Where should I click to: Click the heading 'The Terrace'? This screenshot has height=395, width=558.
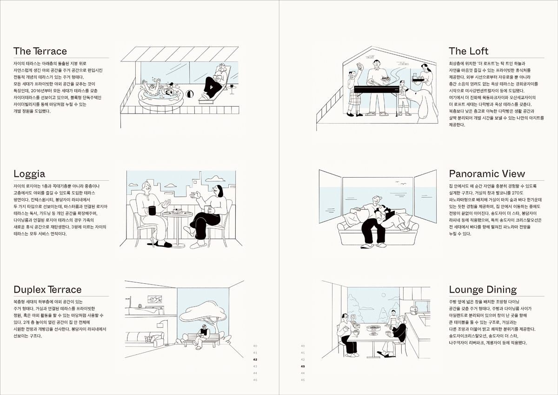coord(40,51)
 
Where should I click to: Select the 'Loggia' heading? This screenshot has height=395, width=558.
coord(29,174)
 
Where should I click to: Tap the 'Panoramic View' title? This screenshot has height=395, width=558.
coord(487,174)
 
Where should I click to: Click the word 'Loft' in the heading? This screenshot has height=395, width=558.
coord(478,51)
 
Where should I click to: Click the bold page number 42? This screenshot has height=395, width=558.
coord(255,360)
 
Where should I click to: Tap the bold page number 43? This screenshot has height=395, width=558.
coord(303,367)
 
